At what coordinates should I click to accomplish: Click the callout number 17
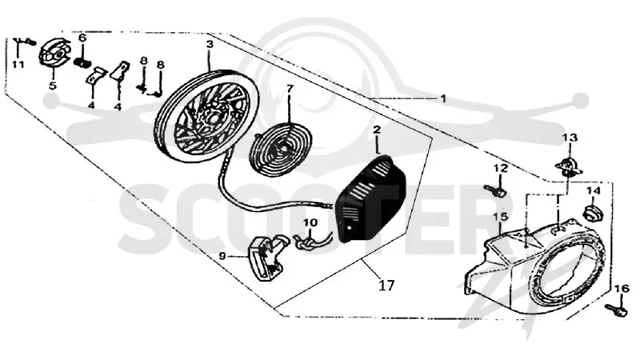386,286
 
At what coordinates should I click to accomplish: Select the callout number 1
443,98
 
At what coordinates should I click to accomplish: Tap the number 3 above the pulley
210,45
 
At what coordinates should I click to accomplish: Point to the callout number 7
290,89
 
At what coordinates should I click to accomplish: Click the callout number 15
501,216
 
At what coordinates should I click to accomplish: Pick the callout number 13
570,138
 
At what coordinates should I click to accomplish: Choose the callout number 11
18,65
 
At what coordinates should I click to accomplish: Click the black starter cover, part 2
370,199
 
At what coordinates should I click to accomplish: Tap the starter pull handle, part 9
267,258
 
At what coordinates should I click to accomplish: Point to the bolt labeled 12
494,190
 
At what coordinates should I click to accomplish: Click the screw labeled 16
616,310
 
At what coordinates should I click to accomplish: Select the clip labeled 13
567,166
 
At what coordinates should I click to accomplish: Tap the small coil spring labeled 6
83,63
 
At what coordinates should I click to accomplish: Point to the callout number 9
222,256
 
